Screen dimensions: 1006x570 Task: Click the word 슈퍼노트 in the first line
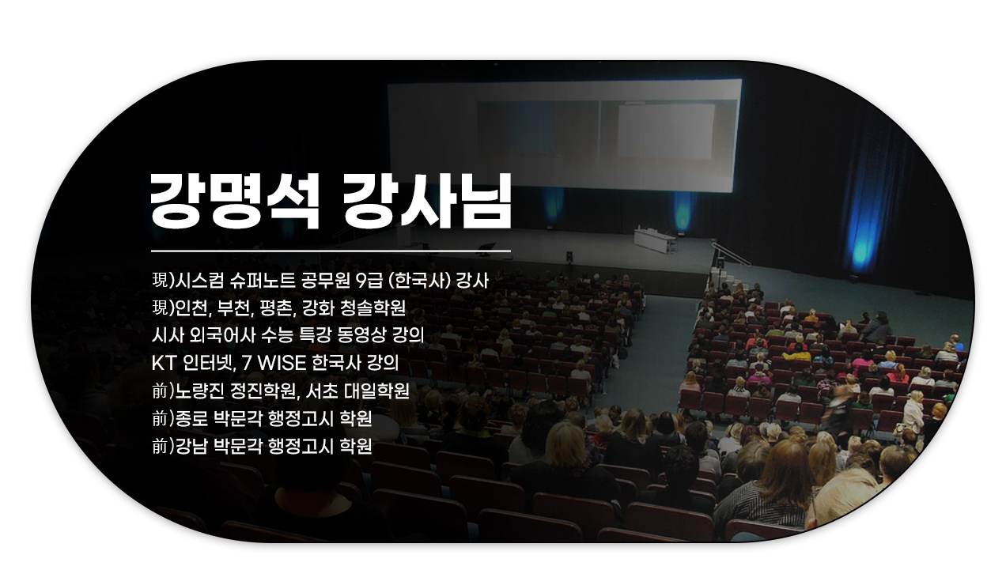(263, 281)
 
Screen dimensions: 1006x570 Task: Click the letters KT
(163, 363)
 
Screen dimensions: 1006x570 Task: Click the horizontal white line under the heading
(331, 251)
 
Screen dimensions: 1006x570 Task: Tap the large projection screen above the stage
(565, 134)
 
